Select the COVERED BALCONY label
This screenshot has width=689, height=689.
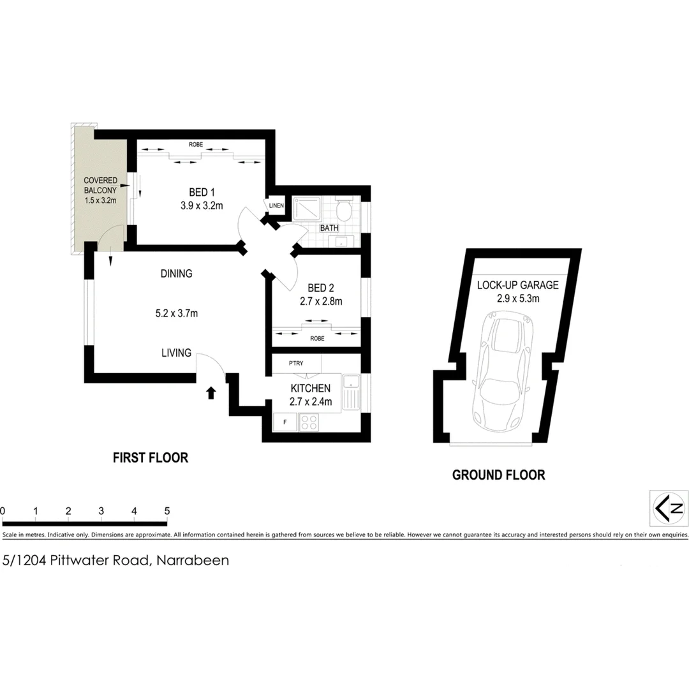101,186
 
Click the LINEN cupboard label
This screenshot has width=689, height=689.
276,205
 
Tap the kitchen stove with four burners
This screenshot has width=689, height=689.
309,422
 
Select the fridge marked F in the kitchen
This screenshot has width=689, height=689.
285,422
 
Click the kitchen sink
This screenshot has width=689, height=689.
351,391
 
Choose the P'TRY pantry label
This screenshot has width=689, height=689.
295,363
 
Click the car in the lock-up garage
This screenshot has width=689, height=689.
503,370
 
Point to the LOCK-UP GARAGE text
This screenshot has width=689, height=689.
517,285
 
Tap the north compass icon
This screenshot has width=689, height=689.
669,508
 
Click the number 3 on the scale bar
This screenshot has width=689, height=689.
101,511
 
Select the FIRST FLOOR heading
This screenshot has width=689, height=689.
151,457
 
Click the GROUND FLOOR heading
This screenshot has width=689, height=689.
498,475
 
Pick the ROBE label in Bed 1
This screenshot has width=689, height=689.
195,145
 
